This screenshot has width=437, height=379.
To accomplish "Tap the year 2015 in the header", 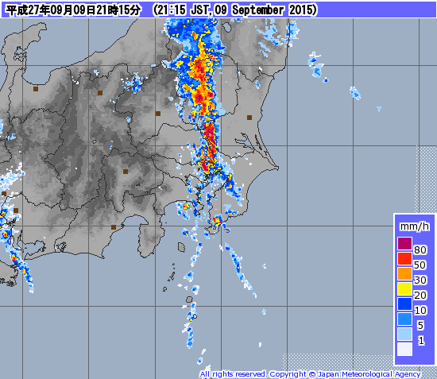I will click(x=300, y=10).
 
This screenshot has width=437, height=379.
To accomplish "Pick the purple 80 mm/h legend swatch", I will click(x=405, y=243).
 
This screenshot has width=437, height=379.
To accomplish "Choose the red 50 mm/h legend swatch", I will click(x=405, y=258).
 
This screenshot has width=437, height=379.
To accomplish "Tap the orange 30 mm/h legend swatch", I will click(x=405, y=273).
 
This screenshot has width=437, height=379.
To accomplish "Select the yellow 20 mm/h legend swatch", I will click(x=405, y=288).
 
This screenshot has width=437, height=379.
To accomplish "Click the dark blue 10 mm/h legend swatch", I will click(x=405, y=304).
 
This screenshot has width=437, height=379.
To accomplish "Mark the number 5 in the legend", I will click(x=421, y=325).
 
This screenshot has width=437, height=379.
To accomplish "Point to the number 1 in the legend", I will click(x=421, y=340).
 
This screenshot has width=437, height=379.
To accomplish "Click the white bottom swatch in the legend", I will click(x=405, y=349).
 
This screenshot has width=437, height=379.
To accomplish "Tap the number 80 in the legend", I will click(x=420, y=249).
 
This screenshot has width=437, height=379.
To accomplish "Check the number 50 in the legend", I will click(x=420, y=265).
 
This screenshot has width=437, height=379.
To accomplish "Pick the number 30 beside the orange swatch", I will click(x=420, y=280).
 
